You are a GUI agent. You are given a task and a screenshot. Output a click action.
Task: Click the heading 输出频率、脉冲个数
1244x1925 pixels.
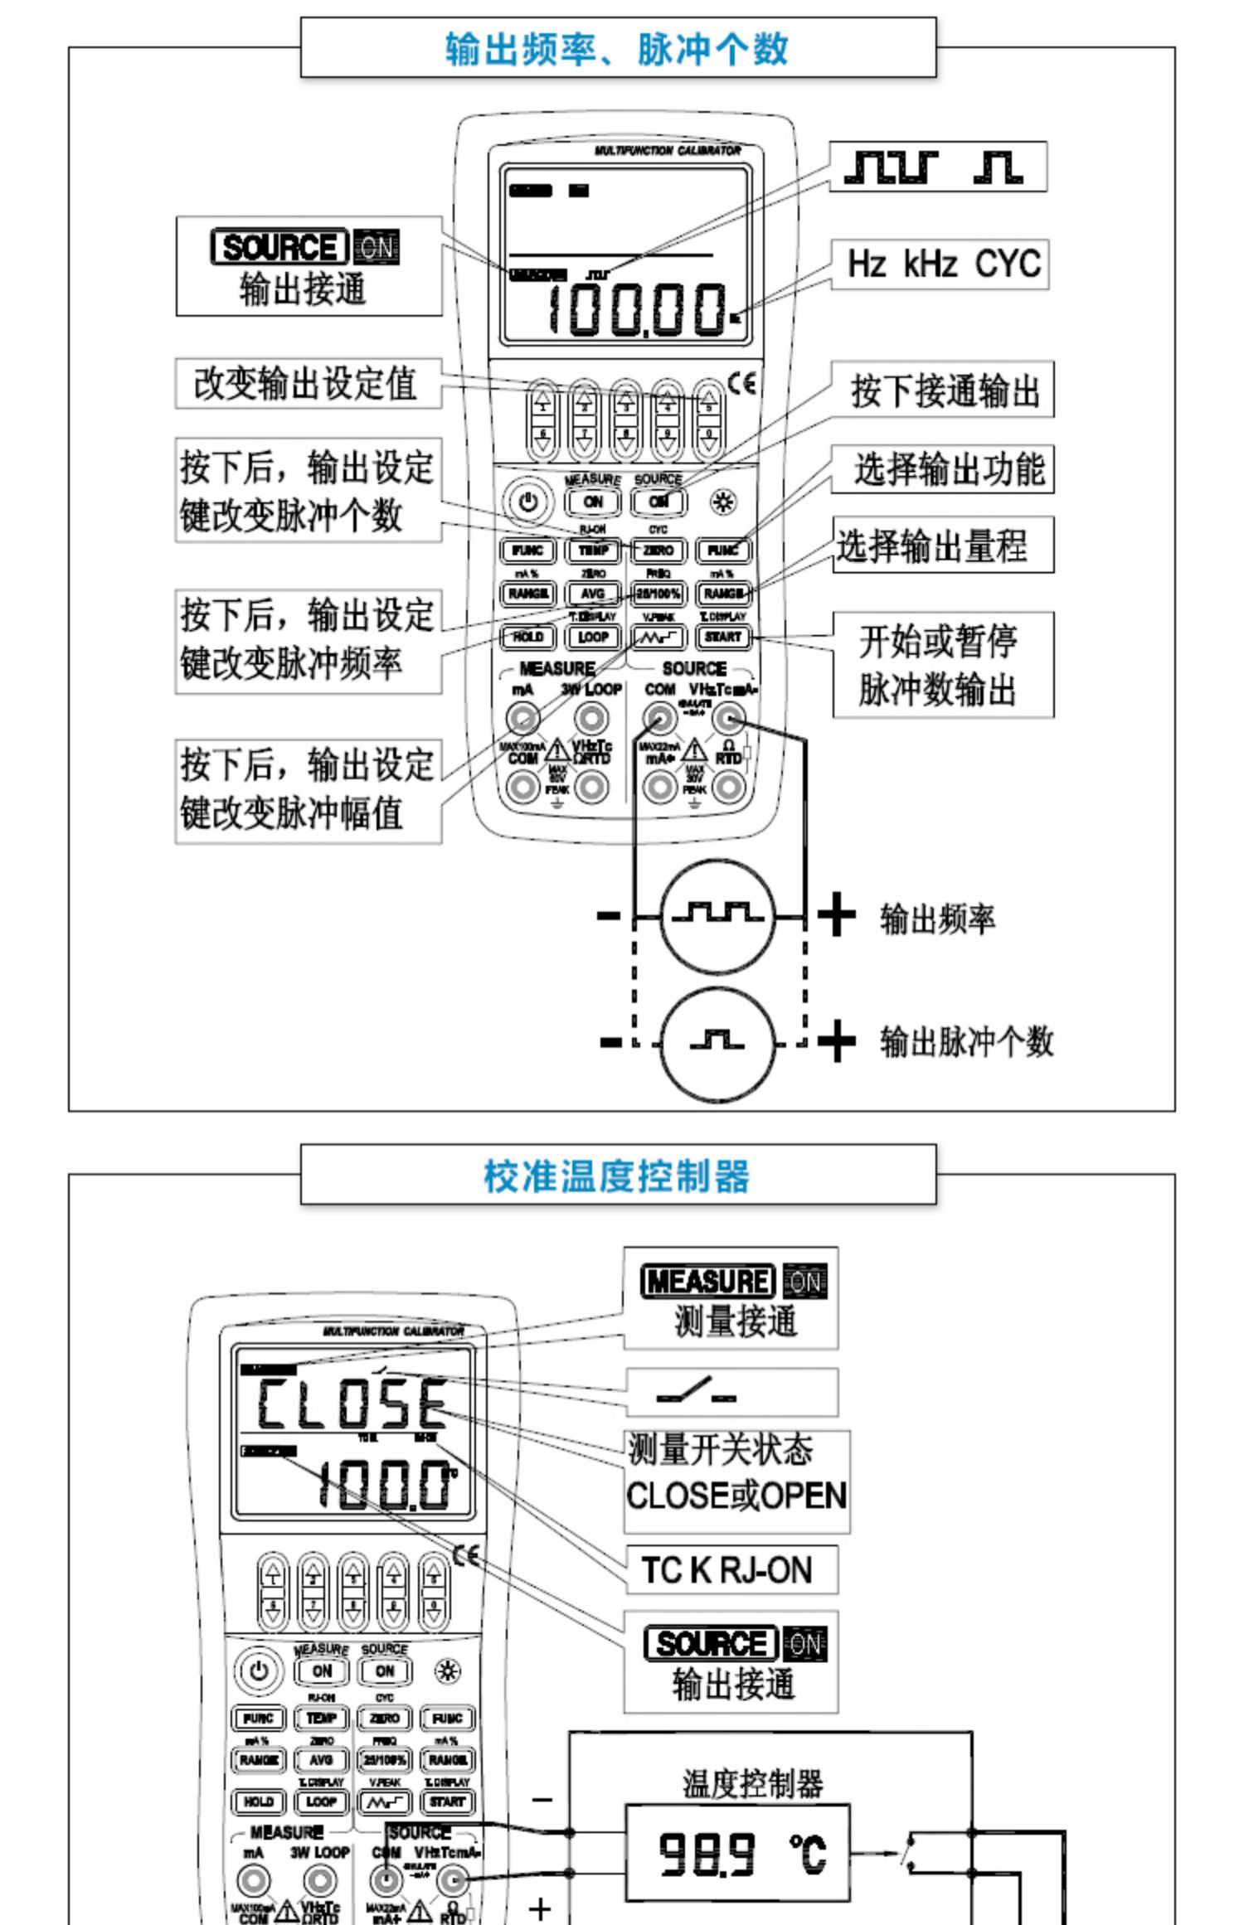[617, 49]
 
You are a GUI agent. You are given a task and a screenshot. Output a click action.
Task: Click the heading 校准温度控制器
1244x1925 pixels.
[617, 1175]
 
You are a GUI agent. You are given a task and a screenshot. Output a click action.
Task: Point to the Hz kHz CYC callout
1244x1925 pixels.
[941, 264]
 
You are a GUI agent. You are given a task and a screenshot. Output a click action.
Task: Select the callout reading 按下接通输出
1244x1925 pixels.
[944, 390]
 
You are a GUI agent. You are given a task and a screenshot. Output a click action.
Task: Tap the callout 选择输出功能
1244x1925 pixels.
[944, 469]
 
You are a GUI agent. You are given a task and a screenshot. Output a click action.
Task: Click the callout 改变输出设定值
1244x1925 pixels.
[307, 383]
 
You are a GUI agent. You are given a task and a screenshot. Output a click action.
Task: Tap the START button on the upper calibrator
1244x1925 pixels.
[723, 637]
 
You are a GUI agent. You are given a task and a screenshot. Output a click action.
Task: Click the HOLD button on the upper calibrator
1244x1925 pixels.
[527, 637]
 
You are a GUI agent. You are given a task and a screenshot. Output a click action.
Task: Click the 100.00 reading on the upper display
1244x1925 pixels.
[635, 310]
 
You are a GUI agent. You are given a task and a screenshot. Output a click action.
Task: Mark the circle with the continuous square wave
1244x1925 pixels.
[718, 916]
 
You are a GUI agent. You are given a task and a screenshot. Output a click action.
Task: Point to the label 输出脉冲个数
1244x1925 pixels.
[965, 1042]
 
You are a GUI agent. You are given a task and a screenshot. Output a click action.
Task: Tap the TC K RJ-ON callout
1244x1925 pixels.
[729, 1569]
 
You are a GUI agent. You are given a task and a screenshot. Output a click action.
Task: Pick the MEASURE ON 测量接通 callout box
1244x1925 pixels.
[731, 1299]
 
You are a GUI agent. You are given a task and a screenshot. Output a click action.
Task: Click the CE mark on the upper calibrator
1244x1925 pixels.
[742, 383]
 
